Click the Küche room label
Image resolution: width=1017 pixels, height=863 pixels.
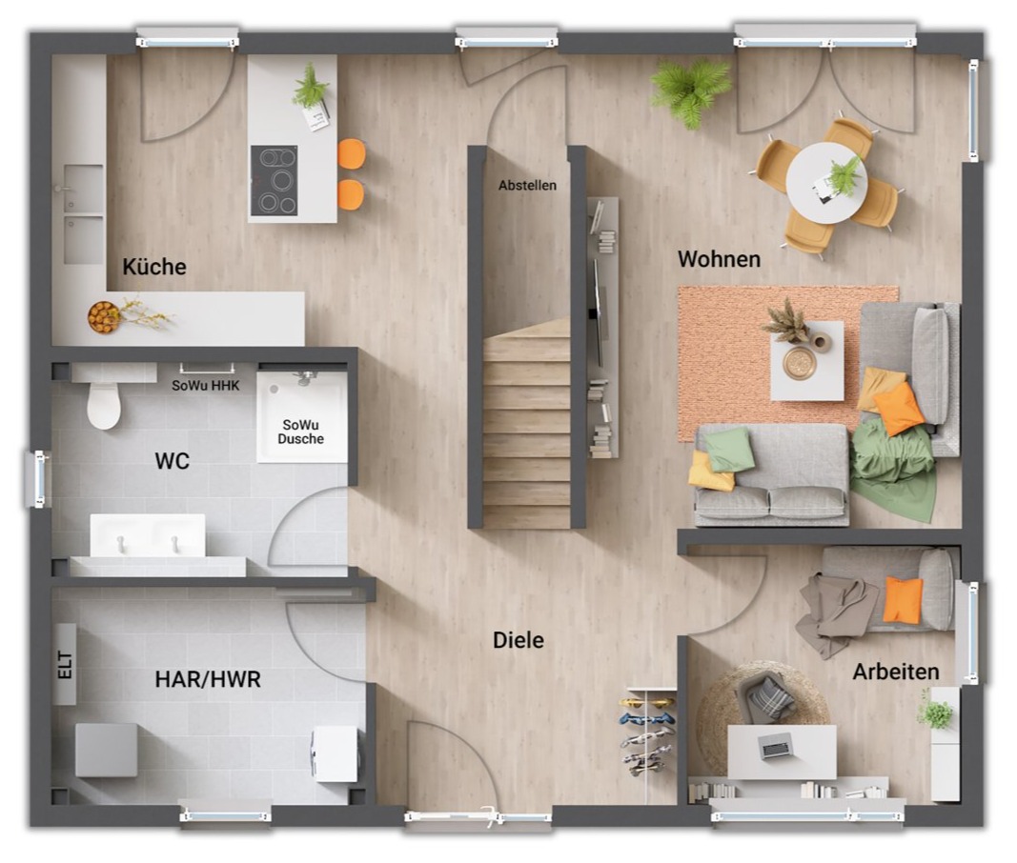[154, 267]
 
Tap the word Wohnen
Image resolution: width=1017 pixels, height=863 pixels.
[720, 259]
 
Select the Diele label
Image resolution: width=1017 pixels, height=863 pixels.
[519, 641]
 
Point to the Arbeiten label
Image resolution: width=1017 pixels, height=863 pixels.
[896, 672]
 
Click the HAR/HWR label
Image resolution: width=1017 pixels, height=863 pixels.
[208, 679]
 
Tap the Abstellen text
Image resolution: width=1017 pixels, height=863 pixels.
[527, 186]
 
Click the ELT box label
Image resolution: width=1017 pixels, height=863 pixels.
[65, 665]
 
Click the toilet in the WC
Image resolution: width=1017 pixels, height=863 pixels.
[104, 403]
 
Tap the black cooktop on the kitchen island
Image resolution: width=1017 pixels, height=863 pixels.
[274, 180]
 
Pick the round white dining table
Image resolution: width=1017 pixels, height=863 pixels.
[826, 183]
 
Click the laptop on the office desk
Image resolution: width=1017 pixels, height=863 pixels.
[776, 746]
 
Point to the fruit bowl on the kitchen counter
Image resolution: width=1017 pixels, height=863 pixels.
[104, 317]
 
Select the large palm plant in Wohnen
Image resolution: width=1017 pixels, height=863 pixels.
[691, 91]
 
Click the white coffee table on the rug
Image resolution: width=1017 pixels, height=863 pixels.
[807, 360]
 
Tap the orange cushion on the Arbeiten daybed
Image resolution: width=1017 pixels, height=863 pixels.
[903, 600]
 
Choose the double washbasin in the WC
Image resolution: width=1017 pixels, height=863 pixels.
[148, 535]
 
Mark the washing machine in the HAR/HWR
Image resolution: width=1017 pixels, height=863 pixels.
[335, 753]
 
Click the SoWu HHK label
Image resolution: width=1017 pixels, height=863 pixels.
[206, 386]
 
